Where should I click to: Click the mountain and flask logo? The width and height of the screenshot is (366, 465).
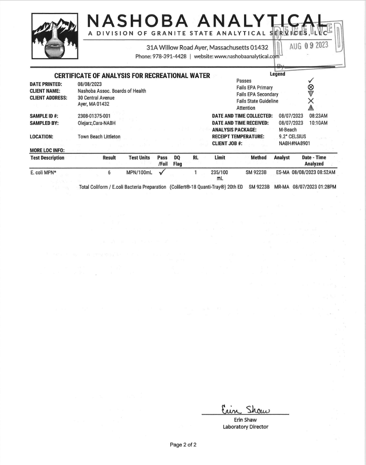[55, 39]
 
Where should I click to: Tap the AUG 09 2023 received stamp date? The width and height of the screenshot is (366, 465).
[309, 46]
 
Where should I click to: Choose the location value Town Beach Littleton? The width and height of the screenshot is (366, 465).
[99, 137]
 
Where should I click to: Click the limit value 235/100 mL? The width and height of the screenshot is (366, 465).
[219, 175]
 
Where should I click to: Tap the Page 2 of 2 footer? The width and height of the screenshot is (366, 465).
[183, 445]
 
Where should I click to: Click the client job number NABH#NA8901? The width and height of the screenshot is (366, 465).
[294, 143]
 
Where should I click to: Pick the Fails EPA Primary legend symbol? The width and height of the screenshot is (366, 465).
[310, 88]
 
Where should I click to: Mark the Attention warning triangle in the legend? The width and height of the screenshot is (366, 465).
[310, 108]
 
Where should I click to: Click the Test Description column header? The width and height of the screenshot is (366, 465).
[47, 158]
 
